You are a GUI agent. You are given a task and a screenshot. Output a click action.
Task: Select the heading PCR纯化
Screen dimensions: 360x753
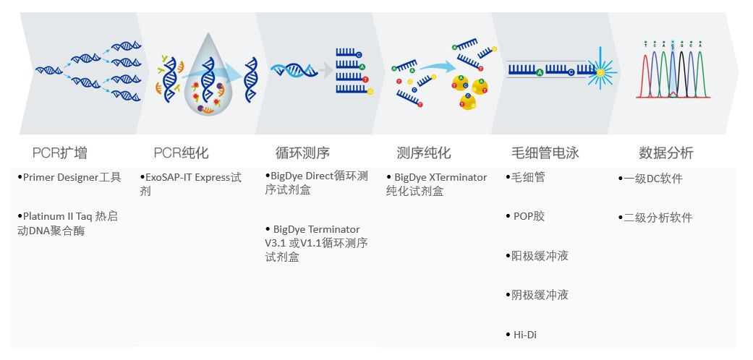181,153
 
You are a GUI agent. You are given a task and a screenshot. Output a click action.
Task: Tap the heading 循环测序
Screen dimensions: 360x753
302,153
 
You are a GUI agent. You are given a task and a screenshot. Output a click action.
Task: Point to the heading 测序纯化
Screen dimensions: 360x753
423,153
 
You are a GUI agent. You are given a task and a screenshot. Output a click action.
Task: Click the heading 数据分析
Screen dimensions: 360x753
665,153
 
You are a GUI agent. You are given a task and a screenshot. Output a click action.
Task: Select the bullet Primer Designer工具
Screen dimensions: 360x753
70,178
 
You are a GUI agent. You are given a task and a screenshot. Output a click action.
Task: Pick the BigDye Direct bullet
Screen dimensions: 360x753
316,184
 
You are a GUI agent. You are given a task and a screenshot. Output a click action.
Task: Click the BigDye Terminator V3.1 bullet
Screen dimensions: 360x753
316,243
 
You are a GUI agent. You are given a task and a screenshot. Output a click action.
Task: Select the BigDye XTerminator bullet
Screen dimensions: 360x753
437,184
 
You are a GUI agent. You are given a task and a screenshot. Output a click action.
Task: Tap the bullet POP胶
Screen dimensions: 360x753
528,217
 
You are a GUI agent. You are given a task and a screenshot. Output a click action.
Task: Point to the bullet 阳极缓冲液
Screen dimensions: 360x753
540,256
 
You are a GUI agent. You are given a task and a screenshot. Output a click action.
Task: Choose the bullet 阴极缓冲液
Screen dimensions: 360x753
540,295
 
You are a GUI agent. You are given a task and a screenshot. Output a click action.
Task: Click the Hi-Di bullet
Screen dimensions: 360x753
524,335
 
